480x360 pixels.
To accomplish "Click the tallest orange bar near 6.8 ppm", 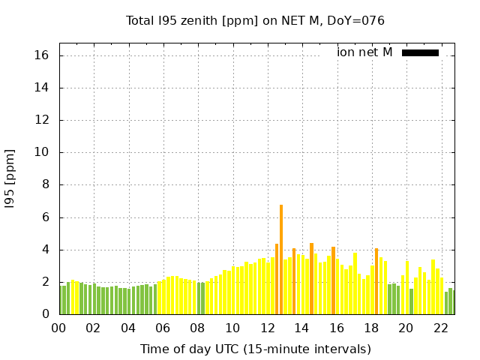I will (x=281, y=259).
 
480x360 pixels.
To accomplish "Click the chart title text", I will (x=255, y=21).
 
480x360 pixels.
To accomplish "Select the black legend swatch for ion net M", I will (x=420, y=52).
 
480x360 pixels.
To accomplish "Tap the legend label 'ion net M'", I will (x=364, y=52).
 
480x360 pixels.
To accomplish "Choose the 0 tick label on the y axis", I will (x=45, y=314).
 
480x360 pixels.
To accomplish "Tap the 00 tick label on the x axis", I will (x=58, y=328).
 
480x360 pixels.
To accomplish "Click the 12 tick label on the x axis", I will (x=268, y=328).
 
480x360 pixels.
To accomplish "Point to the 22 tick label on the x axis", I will (x=441, y=328).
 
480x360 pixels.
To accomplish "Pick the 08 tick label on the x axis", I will (x=197, y=328).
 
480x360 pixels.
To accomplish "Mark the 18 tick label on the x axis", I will (x=371, y=328).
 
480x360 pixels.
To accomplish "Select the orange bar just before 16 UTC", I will (x=333, y=280).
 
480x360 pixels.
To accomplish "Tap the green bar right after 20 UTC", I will (x=411, y=301).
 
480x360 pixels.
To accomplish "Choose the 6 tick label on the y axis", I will (x=45, y=217).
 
